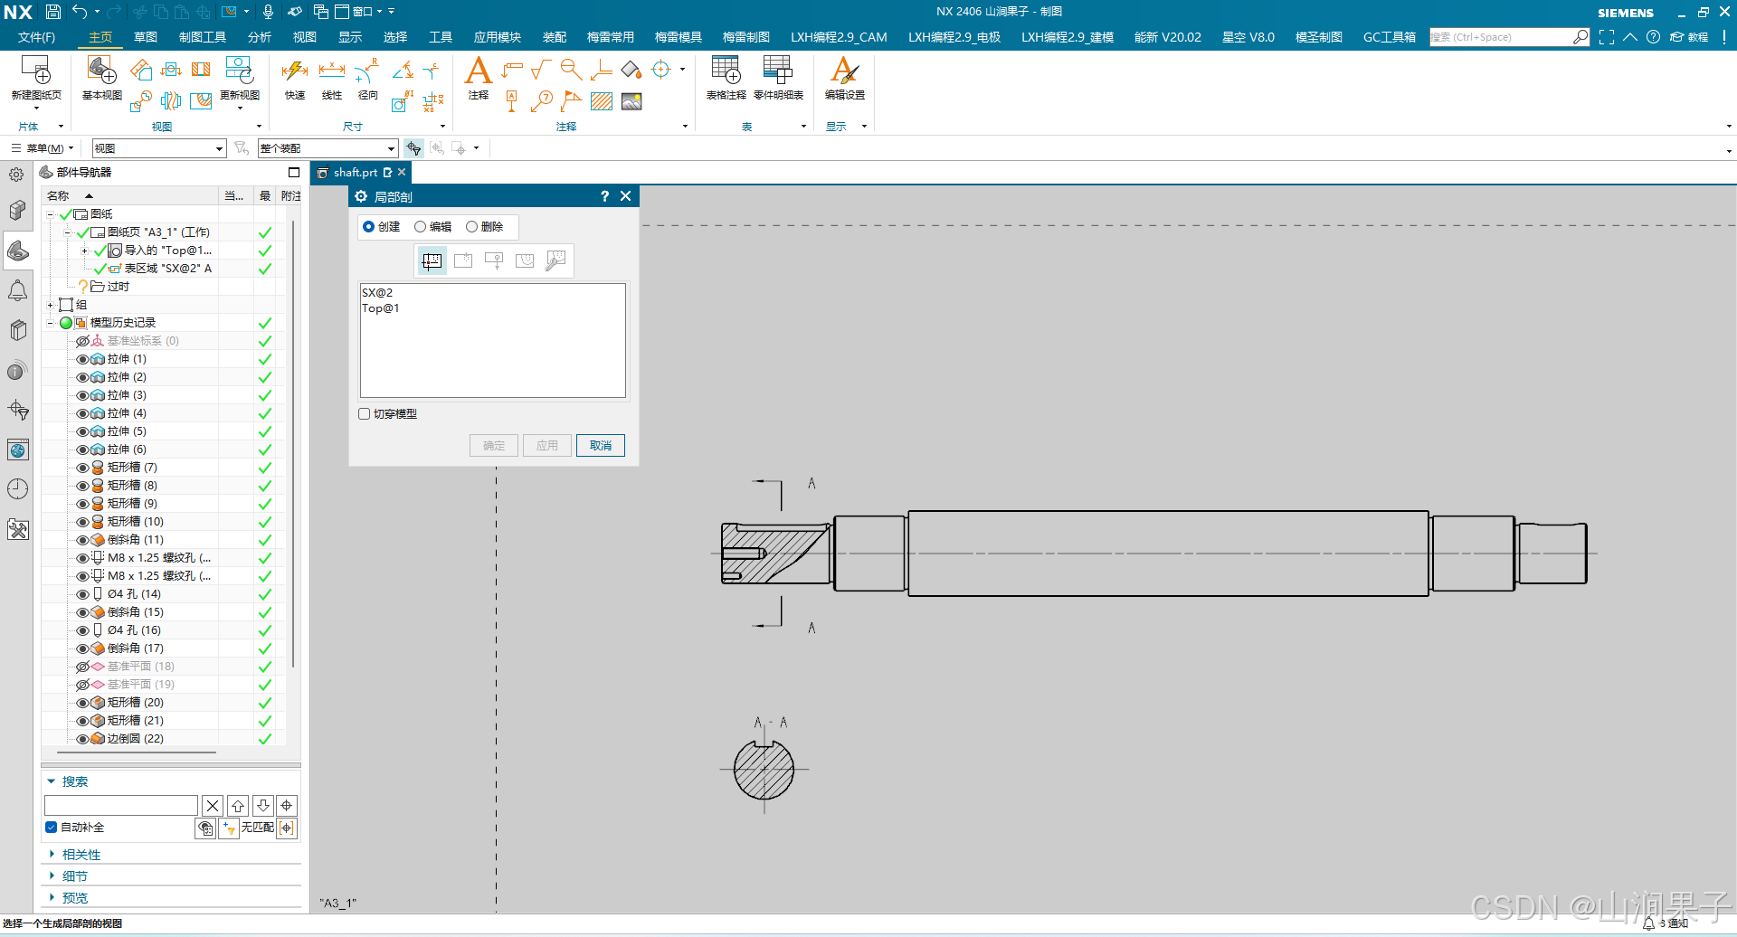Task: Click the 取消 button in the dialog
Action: click(x=600, y=445)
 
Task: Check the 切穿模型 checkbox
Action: click(x=365, y=414)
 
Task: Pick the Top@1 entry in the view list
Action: click(x=381, y=308)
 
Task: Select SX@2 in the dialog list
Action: click(x=377, y=293)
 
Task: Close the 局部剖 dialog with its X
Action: click(x=625, y=196)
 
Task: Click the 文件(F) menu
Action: click(x=36, y=37)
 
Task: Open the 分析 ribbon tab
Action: click(x=260, y=37)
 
